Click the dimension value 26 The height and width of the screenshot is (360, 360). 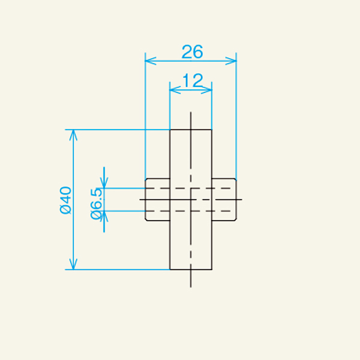(192, 52)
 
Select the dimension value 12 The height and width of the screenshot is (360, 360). (191, 80)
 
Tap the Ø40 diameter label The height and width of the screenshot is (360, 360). (65, 200)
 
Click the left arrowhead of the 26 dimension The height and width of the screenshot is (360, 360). (150, 61)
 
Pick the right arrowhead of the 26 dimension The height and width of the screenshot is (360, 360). (232, 61)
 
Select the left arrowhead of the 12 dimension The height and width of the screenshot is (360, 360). (174, 90)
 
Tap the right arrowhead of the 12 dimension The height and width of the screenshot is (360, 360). (208, 90)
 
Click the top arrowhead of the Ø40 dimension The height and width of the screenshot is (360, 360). (74, 134)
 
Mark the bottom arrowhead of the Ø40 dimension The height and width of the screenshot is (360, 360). (74, 265)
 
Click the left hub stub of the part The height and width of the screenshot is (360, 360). (158, 199)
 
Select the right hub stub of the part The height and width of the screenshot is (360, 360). (224, 199)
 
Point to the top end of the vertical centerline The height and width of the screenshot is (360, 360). (191, 113)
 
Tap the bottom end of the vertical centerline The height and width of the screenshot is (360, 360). (191, 285)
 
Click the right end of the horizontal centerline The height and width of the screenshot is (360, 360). (241, 199)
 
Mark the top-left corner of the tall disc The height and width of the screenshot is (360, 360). (170, 130)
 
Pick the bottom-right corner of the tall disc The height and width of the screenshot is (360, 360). (212, 269)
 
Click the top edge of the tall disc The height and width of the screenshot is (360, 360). (191, 130)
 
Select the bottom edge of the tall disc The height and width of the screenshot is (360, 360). (191, 269)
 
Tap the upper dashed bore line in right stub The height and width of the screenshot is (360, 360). (223, 188)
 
